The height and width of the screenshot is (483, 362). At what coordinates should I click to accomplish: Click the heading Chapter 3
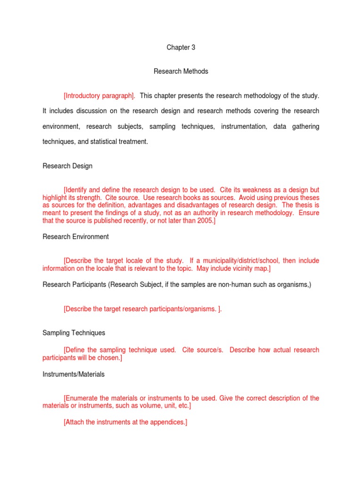coord(181,48)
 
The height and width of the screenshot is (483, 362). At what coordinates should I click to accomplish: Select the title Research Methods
coord(181,72)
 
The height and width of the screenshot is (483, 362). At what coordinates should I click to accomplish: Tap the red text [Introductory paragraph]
coord(99,96)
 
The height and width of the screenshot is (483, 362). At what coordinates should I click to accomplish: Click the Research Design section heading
coord(67,166)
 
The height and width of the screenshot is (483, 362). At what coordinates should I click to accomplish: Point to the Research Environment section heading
coord(75,237)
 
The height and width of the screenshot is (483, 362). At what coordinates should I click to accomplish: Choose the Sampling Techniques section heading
coord(74,333)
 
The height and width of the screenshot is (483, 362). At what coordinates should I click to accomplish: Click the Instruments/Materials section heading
coord(74,374)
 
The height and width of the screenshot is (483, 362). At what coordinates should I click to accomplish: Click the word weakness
coord(242,190)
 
